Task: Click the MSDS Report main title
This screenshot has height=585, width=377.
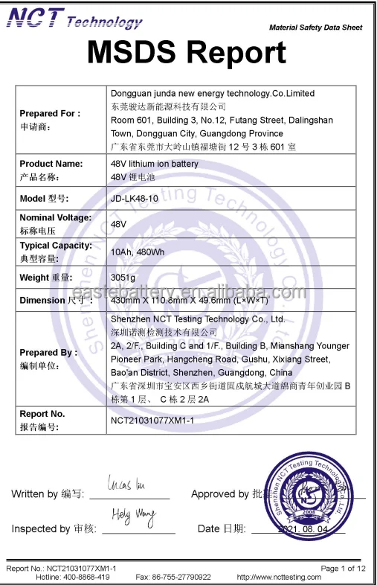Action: (x=187, y=53)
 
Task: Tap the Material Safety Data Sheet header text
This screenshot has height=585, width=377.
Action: (x=315, y=28)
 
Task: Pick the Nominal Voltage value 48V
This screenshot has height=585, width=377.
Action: (x=118, y=223)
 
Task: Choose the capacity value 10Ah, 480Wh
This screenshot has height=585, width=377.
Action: (x=138, y=252)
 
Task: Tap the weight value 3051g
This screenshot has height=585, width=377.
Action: (x=123, y=278)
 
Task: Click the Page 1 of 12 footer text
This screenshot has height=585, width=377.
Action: (x=343, y=568)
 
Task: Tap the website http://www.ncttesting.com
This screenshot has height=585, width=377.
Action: (x=279, y=577)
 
